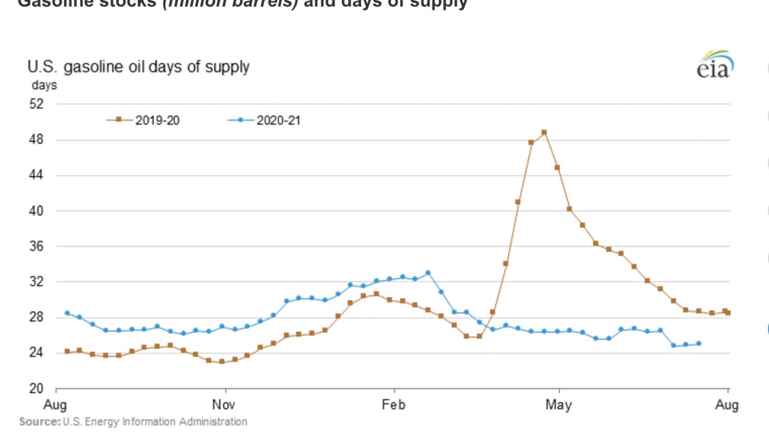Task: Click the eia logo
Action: pyautogui.click(x=715, y=65)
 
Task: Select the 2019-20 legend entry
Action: pyautogui.click(x=144, y=120)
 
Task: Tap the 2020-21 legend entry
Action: pyautogui.click(x=264, y=120)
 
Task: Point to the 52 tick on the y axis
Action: pyautogui.click(x=37, y=104)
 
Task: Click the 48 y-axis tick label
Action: pyautogui.click(x=37, y=140)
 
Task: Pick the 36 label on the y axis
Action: pyautogui.click(x=37, y=247)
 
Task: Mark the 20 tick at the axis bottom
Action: pyautogui.click(x=37, y=388)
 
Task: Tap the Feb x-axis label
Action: pyautogui.click(x=394, y=404)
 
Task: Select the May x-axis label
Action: pyautogui.click(x=559, y=404)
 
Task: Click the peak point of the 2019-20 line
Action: pyautogui.click(x=544, y=132)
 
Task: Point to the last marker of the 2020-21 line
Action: pyautogui.click(x=698, y=344)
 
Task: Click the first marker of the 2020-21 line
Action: pyautogui.click(x=67, y=313)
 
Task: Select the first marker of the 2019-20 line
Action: pyautogui.click(x=67, y=352)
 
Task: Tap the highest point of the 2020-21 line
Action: pyautogui.click(x=428, y=272)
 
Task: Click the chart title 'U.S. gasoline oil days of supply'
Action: pyautogui.click(x=138, y=67)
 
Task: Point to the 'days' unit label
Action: pyautogui.click(x=44, y=85)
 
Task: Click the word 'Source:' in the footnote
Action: pyautogui.click(x=39, y=422)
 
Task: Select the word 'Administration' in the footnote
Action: pyautogui.click(x=215, y=422)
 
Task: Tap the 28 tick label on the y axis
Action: pyautogui.click(x=37, y=317)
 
